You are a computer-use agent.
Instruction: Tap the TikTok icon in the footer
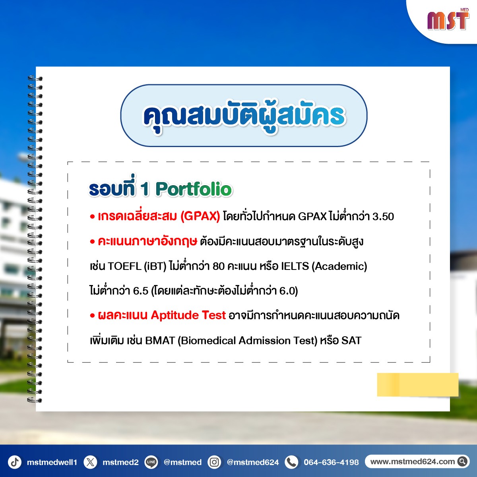coord(15,462)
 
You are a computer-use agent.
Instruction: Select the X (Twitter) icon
coord(90,462)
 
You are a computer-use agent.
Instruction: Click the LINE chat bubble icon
coord(151,462)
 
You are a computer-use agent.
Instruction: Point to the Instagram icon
coord(214,462)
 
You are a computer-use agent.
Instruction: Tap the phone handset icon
coord(292,462)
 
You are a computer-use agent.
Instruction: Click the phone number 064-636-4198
coord(331,462)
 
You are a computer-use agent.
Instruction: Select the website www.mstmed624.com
coord(413,461)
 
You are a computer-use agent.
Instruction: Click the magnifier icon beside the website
coord(462,461)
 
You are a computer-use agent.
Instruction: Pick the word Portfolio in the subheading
coord(194,189)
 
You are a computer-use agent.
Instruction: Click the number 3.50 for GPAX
coord(383,217)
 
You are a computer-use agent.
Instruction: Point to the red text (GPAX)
coord(200,217)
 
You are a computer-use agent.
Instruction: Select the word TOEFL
coord(124,266)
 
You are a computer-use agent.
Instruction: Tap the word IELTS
coord(295,266)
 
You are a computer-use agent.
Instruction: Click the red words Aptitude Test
coord(188,315)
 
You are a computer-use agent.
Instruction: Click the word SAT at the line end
coord(351,341)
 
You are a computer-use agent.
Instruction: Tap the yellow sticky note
coord(418,385)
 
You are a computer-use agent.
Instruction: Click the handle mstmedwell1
coord(52,462)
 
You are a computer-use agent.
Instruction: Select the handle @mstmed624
coord(253,462)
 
